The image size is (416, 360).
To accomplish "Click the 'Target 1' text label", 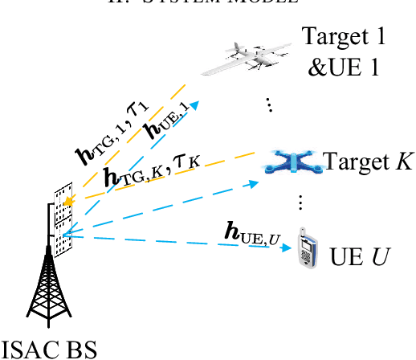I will tap(354, 36).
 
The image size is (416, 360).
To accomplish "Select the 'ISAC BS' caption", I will tap(49, 348).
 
